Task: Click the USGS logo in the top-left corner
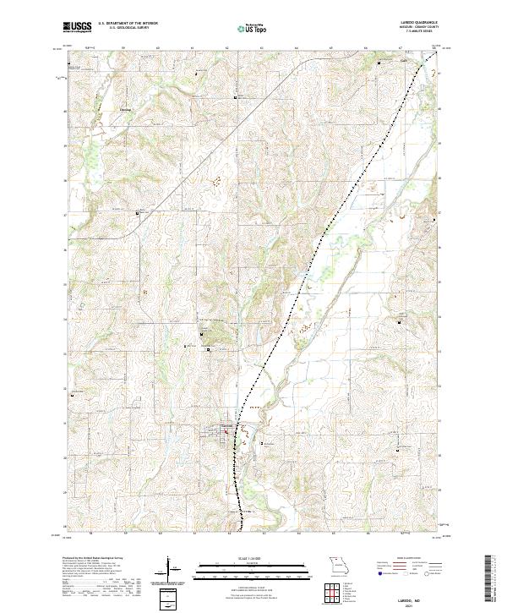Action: point(78,28)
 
